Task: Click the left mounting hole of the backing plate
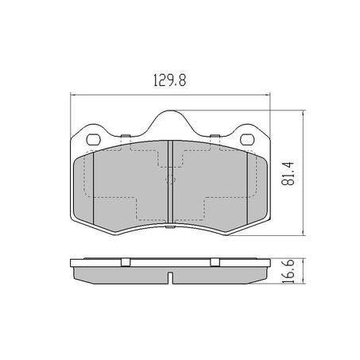pyautogui.click(x=94, y=141)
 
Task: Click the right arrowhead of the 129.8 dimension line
pyautogui.click(x=268, y=95)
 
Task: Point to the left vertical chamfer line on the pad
pyautogui.click(x=94, y=188)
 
